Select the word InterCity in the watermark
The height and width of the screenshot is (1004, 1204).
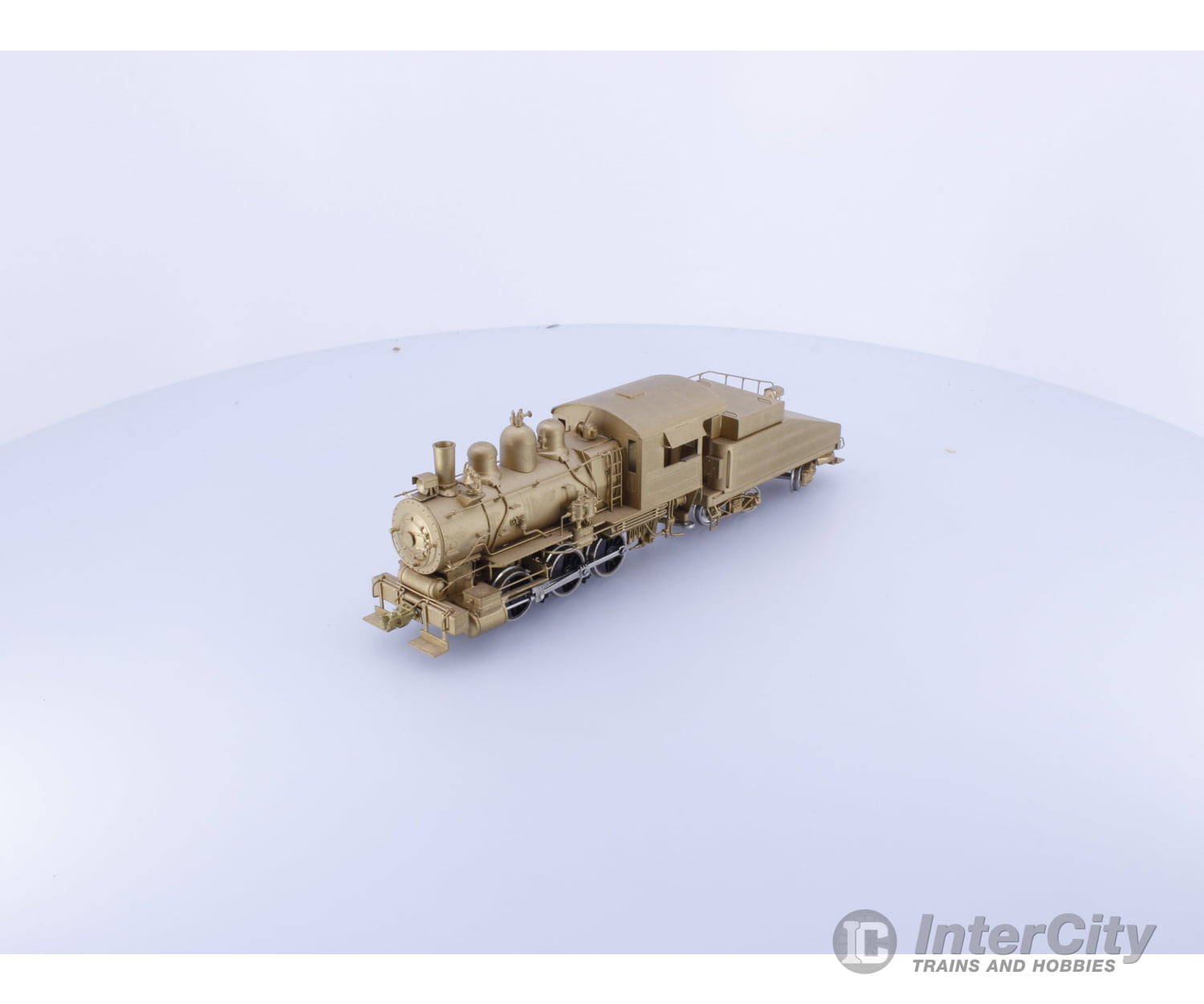click(1035, 937)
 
